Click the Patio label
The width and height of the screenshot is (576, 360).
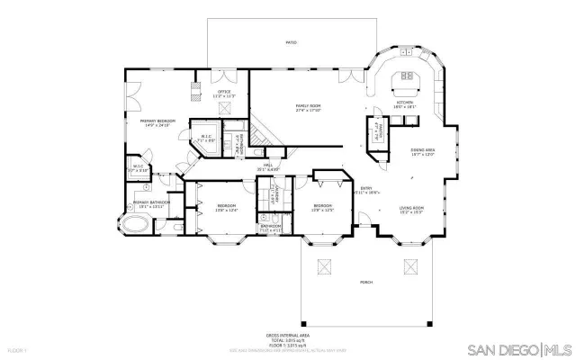point(291,42)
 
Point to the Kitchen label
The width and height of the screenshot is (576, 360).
point(406,104)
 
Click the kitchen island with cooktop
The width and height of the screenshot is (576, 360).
point(405,87)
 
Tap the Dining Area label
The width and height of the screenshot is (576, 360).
point(423,152)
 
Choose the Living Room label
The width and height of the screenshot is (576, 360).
point(412,211)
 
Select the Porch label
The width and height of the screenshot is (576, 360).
point(366,282)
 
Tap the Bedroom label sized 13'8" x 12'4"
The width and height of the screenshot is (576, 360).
point(226,209)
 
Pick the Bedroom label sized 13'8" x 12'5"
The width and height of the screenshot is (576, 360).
point(322,209)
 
